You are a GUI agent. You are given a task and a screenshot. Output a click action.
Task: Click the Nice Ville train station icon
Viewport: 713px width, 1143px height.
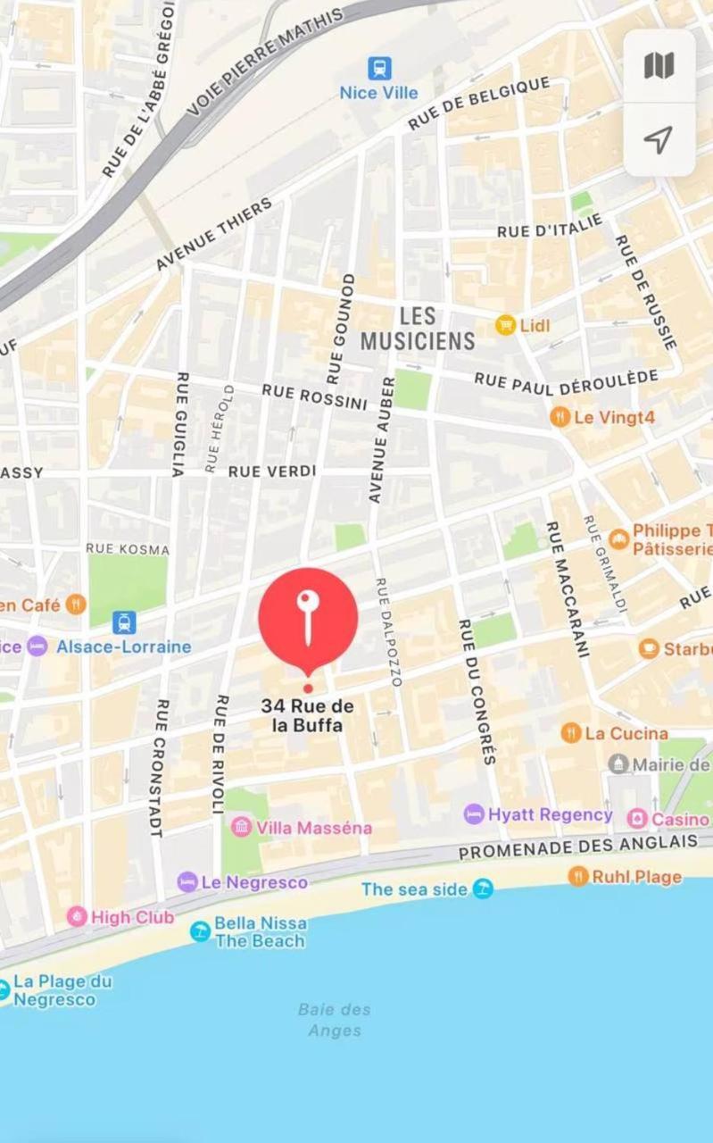pos(379,68)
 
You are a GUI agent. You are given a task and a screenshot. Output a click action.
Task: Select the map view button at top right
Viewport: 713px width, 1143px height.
pos(659,65)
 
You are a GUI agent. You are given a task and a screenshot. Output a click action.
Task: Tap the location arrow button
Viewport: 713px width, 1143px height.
pos(659,139)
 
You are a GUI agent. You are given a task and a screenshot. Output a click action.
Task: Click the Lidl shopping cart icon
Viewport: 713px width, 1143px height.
pos(506,326)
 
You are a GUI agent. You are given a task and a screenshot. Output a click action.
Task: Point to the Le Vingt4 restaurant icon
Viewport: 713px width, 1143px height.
pos(560,416)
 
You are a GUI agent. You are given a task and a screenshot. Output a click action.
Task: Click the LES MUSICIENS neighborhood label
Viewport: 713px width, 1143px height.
pos(418,328)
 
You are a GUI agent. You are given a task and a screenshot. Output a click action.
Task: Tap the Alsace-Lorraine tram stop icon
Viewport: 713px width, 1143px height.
pos(124,622)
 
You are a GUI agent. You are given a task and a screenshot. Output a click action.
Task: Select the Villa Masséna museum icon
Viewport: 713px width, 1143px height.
pos(241,827)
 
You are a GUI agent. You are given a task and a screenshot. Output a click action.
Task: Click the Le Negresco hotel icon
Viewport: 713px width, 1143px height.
pos(187,882)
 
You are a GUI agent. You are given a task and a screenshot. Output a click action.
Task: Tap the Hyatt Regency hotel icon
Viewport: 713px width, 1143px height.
pos(474,814)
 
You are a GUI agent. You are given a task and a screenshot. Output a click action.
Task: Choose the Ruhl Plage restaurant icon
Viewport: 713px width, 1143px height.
pos(578,876)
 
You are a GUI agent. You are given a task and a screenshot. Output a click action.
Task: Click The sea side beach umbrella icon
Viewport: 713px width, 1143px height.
pos(483,889)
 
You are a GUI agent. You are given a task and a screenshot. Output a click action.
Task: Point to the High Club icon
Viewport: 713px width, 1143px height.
pos(78,917)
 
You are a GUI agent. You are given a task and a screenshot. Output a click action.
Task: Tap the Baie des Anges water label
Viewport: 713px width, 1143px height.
pos(335,1020)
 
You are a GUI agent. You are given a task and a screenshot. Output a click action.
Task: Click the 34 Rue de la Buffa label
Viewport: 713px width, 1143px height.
pos(307,715)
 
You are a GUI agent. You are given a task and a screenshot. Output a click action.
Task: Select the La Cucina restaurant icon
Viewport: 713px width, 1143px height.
pos(571,733)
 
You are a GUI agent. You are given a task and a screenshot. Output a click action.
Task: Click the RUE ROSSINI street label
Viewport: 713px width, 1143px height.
pos(314,396)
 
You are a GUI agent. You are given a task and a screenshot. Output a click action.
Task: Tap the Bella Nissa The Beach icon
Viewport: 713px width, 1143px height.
pos(201,931)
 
